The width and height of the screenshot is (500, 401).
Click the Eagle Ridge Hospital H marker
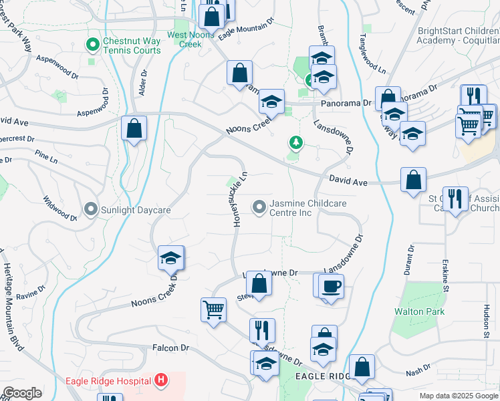click(x=160, y=381)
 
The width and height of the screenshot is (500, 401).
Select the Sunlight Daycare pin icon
click(x=91, y=210)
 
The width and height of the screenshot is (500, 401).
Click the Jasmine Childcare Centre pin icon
click(x=259, y=208)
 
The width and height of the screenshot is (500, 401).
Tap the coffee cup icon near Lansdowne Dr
click(x=332, y=287)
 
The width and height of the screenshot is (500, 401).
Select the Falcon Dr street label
click(x=171, y=348)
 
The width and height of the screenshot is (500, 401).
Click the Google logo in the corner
click(x=22, y=392)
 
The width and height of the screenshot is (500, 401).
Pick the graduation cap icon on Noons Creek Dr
click(x=170, y=259)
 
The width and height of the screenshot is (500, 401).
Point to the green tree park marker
click(x=295, y=142)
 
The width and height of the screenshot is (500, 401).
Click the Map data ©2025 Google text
click(x=458, y=396)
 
